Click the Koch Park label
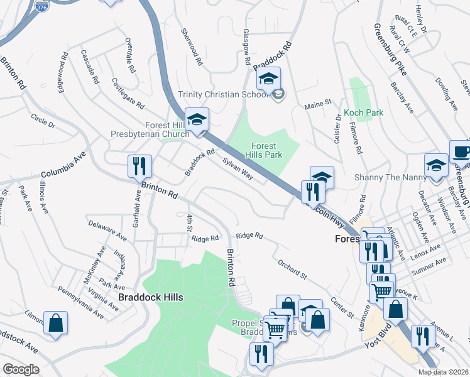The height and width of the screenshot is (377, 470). coord(363,113)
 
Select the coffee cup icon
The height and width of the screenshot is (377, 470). coord(461,151)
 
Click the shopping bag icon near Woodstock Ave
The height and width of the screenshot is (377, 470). coord(55,322)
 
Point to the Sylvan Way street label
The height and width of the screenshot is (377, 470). coord(238,168)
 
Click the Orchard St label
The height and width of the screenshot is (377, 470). coord(292,267)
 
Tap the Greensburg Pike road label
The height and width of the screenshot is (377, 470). coord(390,50)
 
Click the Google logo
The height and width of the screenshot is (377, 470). coord(21,369)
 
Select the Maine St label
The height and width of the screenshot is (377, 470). coord(318,103)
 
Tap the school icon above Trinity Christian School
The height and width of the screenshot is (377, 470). coord(268,80)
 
